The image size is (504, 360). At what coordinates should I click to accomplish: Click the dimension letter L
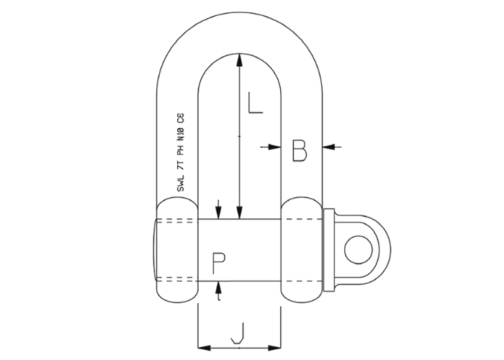point(256,102)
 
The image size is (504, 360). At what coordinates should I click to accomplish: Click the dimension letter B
point(300,150)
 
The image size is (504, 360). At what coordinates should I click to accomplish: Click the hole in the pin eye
point(358,249)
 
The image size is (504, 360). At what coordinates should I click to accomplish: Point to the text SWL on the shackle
point(181,184)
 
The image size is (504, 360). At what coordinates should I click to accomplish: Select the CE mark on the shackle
point(181,118)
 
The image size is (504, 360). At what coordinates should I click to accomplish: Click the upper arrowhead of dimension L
point(239,60)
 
